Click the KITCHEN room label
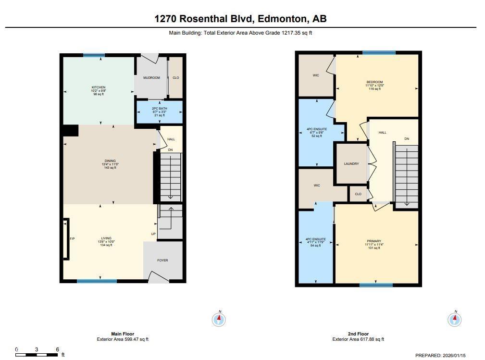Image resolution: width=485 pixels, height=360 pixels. point(98,87)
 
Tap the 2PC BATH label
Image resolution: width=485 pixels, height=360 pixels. point(159,109)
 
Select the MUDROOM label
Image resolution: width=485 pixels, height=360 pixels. point(151,77)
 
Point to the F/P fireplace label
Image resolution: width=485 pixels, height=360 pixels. point(73,238)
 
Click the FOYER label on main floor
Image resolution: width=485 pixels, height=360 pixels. point(162,260)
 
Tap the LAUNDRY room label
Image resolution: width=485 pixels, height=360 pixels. point(351,164)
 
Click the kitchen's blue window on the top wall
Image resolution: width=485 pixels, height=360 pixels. point(94,55)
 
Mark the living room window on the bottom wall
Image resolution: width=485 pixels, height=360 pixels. point(97,281)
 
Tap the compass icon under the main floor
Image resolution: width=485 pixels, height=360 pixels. point(219,319)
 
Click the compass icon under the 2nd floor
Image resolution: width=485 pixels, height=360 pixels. point(455,319)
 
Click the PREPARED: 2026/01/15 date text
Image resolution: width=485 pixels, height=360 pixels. point(441,355)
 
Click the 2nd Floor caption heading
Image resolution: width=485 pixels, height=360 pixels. point(358,334)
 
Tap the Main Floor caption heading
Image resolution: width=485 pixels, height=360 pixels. point(123,334)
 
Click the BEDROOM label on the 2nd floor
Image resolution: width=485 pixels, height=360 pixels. point(374,82)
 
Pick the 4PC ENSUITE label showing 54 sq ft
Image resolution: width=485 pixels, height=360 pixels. point(316,242)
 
